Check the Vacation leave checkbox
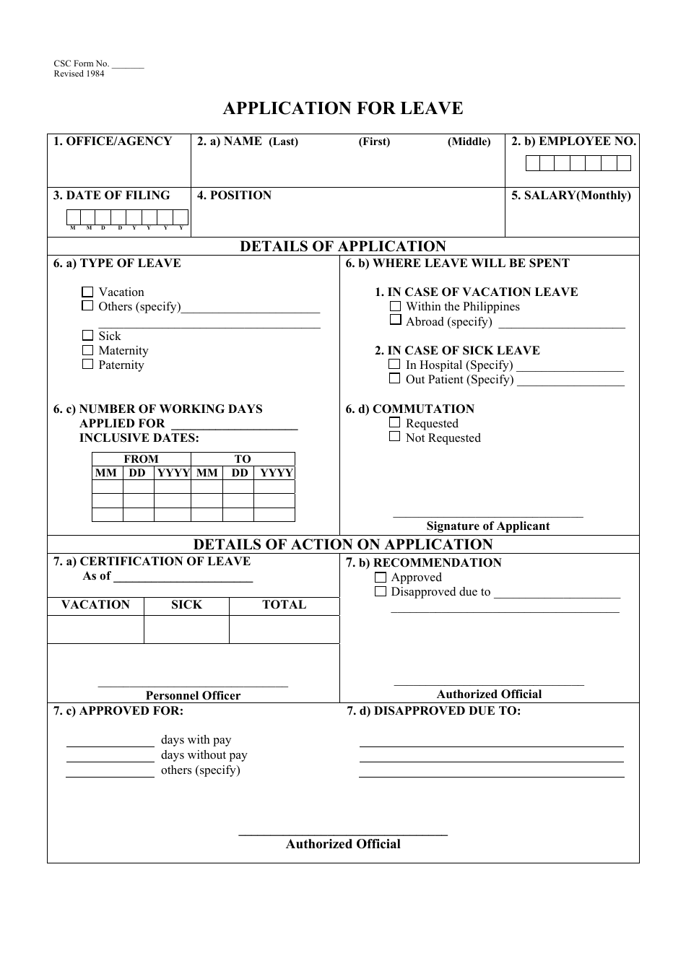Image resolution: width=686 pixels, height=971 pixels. click(87, 292)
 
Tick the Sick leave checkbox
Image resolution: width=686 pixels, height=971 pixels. click(87, 336)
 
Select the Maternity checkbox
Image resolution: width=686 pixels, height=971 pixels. click(87, 350)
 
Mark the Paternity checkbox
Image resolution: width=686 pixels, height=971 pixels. click(87, 365)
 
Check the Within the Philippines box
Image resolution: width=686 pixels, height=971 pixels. click(395, 306)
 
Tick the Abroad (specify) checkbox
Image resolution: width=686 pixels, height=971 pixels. click(395, 320)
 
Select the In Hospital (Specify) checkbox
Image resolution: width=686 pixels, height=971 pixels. click(394, 365)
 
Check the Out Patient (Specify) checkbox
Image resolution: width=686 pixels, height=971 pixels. click(394, 378)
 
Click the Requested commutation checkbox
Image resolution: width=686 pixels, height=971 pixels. click(394, 422)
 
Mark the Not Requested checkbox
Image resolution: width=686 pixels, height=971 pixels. click(394, 437)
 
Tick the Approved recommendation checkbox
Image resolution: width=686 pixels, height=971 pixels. click(381, 578)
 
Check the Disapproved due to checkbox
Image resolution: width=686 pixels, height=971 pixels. click(381, 592)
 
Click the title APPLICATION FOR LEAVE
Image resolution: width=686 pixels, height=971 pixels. click(343, 108)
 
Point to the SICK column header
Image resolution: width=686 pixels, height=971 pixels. click(186, 605)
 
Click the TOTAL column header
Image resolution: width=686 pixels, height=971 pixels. click(284, 605)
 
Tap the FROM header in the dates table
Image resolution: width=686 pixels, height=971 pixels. click(141, 459)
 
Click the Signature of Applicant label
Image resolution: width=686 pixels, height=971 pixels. click(488, 526)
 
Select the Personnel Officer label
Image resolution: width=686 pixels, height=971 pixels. click(193, 696)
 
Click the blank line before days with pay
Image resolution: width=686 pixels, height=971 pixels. click(110, 744)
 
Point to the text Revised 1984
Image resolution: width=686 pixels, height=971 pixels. click(79, 74)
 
